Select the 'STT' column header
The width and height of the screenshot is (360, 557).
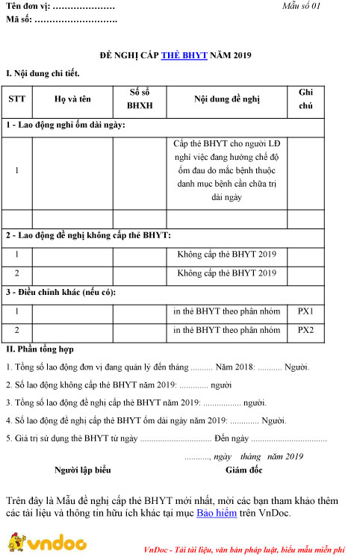click(16, 99)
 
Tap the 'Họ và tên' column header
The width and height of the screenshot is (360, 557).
click(72, 99)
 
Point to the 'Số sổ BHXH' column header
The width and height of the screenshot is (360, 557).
click(139, 99)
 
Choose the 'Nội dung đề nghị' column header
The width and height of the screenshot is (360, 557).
click(226, 99)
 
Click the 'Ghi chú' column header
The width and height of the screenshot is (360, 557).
click(305, 99)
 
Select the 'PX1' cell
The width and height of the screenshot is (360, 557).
click(305, 311)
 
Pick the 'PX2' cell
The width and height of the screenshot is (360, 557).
click(305, 330)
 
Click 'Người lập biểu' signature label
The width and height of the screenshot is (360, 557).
click(83, 470)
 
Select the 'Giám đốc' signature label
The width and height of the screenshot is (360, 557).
click(243, 470)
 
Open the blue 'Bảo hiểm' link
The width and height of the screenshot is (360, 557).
click(216, 514)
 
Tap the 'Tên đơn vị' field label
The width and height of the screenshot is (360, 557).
click(28, 6)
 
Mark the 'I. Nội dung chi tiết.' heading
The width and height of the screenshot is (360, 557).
click(42, 74)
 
